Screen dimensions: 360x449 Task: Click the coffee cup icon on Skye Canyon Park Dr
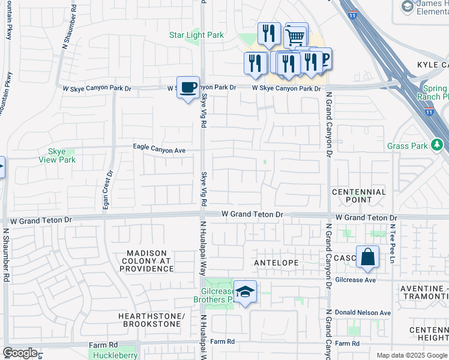click(x=188, y=87)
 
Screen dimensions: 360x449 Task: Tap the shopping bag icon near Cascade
click(x=367, y=257)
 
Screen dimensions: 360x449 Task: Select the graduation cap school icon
click(x=245, y=292)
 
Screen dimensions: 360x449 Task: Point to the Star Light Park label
click(x=196, y=35)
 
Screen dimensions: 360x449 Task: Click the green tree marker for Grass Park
click(x=438, y=145)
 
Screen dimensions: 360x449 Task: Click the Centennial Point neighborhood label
click(x=359, y=196)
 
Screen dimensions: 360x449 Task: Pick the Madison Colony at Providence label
click(x=147, y=262)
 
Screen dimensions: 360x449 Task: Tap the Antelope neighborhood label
click(x=276, y=263)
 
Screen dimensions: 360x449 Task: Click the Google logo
click(x=20, y=353)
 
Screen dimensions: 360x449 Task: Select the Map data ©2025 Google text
click(x=411, y=355)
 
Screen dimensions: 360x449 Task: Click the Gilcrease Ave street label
click(x=372, y=280)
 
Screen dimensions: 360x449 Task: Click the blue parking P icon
click(x=325, y=58)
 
